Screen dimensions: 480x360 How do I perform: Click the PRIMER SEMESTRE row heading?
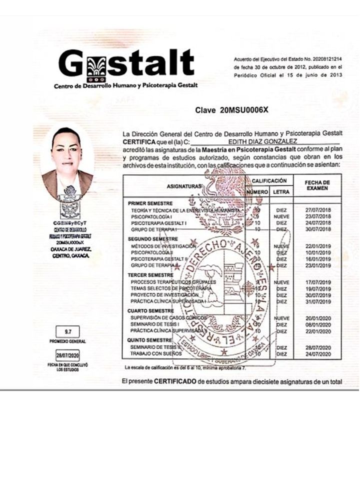tap(150, 203)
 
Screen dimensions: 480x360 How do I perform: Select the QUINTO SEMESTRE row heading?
tap(149, 340)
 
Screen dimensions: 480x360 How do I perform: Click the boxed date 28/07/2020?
tap(67, 355)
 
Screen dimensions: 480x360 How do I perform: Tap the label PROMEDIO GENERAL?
tap(67, 341)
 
